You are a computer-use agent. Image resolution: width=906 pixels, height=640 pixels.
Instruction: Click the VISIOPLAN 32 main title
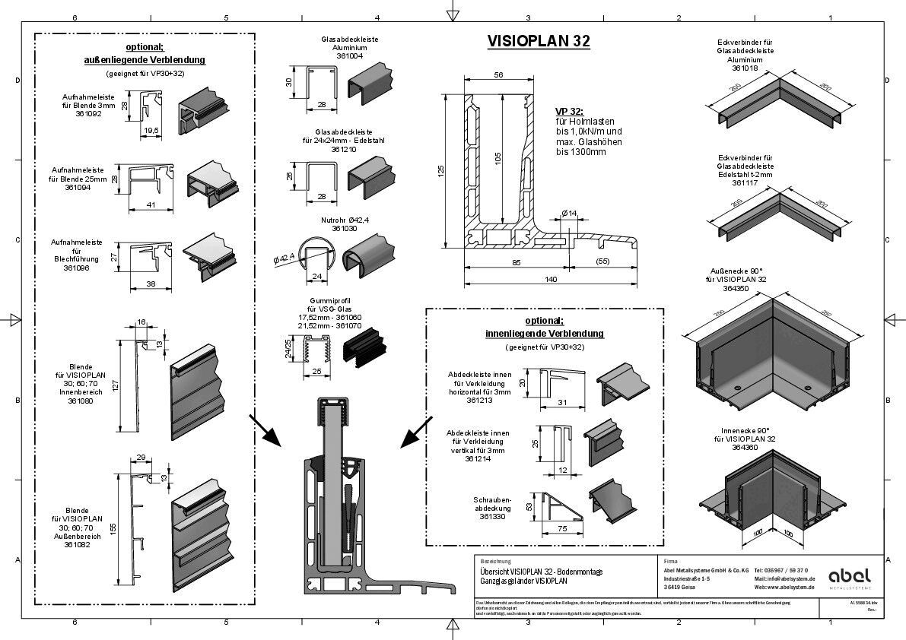(538, 41)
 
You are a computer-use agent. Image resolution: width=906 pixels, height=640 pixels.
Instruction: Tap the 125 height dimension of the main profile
(440, 171)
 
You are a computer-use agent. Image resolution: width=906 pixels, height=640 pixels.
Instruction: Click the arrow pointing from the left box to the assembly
(267, 431)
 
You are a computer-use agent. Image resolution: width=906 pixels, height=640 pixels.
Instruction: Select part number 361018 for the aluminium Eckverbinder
(745, 68)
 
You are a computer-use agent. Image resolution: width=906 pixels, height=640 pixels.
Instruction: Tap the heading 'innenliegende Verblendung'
(544, 333)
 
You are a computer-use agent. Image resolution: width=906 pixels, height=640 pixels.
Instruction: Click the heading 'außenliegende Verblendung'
(144, 59)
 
